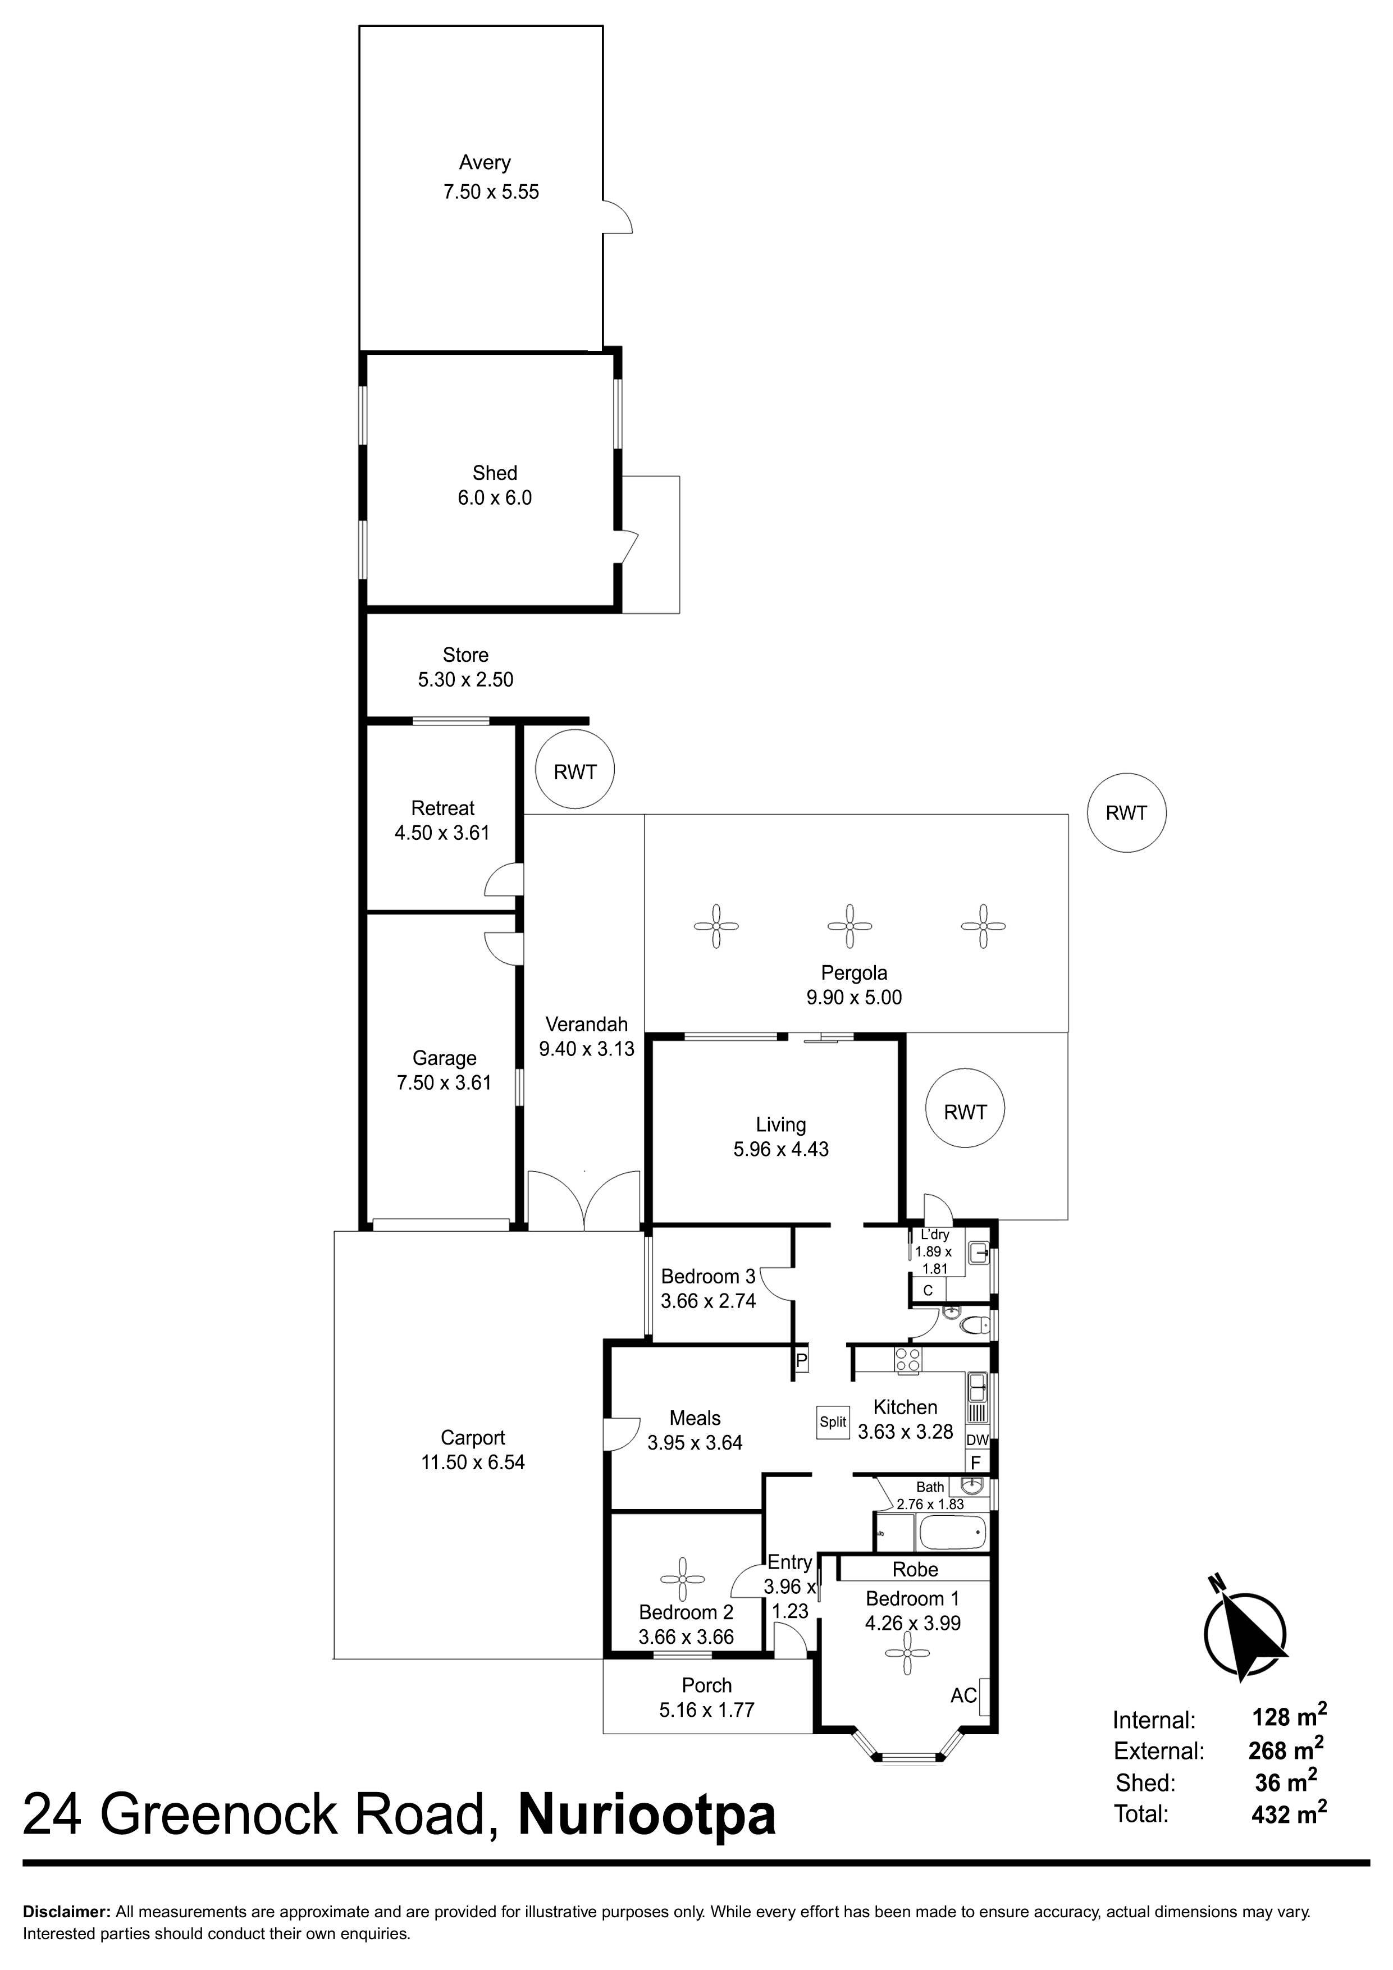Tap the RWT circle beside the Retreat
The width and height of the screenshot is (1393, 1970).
pos(574,770)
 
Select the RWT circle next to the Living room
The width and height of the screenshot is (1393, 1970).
pos(965,1112)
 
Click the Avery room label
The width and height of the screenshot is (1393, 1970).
pos(485,162)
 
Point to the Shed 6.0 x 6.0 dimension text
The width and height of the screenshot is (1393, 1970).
pos(495,497)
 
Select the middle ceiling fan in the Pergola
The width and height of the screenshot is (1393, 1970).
pos(849,926)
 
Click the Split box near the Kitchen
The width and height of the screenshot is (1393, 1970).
pos(833,1421)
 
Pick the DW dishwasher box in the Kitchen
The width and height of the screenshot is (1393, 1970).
pos(977,1441)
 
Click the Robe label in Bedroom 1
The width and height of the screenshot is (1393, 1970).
pos(915,1569)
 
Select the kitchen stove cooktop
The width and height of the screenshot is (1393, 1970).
pos(908,1359)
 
